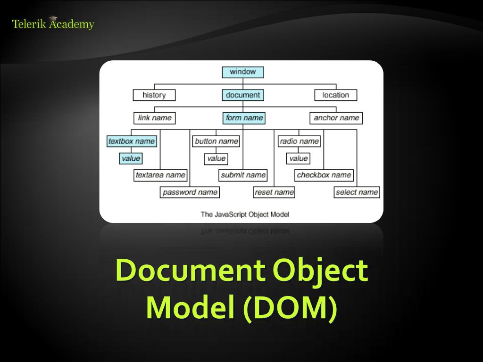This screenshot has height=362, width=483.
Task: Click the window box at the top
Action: [243, 72]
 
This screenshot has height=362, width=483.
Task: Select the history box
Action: [154, 95]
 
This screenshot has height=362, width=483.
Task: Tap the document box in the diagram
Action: [243, 95]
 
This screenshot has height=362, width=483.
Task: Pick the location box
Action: [336, 95]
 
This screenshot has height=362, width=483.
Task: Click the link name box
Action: [155, 118]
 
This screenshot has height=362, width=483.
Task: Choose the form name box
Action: [244, 118]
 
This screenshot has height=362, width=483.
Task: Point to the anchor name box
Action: [336, 118]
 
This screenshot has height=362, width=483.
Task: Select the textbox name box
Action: [132, 141]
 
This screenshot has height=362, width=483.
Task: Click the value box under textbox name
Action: [131, 158]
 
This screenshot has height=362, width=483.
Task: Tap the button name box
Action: [217, 141]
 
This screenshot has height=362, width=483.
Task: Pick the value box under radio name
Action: [299, 158]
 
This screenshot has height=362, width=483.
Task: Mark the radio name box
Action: [299, 141]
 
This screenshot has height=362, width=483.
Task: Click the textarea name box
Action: [160, 175]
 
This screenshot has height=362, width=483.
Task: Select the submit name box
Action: [243, 175]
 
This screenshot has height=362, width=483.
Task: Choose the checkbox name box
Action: [324, 175]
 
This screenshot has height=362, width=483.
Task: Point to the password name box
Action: [190, 192]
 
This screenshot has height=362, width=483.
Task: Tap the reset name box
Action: [274, 192]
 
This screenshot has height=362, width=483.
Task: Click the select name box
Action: [357, 192]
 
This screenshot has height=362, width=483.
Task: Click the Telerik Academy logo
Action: [53, 24]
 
